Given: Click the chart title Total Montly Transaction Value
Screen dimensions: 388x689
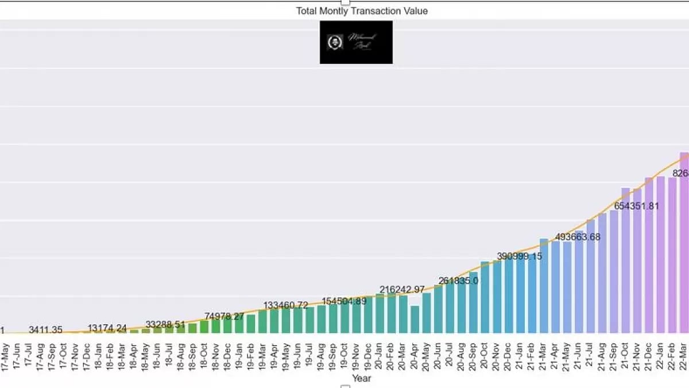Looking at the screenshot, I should click(362, 11).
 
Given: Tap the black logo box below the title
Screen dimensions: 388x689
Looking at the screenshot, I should click(356, 42).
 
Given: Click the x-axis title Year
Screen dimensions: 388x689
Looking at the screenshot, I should click(362, 378).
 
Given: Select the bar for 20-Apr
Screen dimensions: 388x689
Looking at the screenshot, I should click(415, 319).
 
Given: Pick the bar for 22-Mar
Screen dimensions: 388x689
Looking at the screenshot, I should click(684, 241).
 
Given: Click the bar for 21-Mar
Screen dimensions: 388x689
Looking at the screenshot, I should click(544, 286).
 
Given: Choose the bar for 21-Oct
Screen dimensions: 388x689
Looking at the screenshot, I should click(625, 260).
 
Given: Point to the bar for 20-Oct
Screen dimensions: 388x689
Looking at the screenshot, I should click(485, 297).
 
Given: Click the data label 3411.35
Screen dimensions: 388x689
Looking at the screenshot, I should click(45, 330).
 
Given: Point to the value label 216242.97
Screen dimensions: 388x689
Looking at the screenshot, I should click(402, 290).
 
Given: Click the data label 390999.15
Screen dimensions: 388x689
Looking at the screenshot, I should click(520, 256).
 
